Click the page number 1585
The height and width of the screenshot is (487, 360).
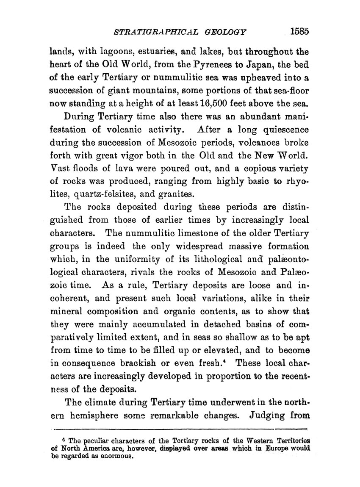pos(301,31)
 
